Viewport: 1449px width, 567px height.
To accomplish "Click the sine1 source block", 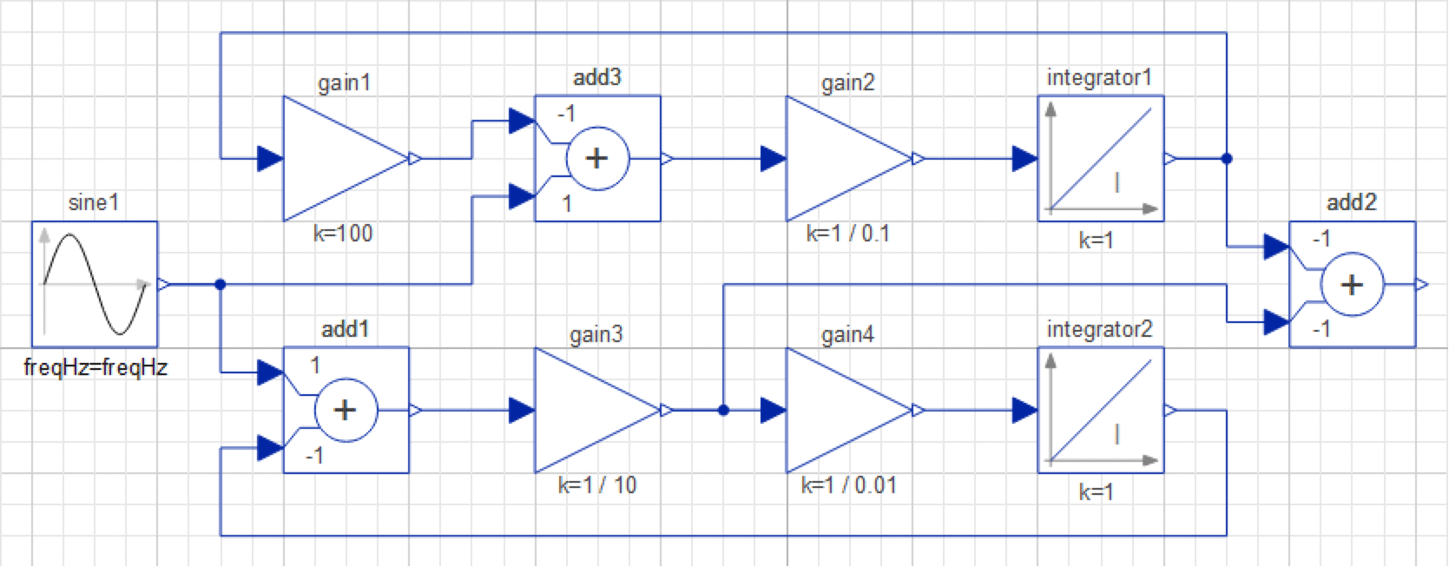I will click(x=95, y=284).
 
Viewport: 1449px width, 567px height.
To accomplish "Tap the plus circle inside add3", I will click(x=597, y=159).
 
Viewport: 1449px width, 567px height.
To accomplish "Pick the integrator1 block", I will click(x=1100, y=159).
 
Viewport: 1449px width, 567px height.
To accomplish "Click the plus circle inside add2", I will click(x=1352, y=285).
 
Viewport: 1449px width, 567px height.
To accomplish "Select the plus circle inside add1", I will click(x=346, y=410).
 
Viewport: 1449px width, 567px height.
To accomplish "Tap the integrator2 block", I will click(x=1100, y=410).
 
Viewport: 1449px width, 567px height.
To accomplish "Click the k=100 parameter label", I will click(x=343, y=234).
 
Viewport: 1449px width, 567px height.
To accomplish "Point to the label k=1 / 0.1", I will click(x=847, y=234).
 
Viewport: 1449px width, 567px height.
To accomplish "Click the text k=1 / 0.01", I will click(x=848, y=485).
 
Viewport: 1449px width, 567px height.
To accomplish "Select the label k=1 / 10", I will click(x=597, y=485).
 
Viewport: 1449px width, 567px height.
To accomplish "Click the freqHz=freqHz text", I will click(x=96, y=367).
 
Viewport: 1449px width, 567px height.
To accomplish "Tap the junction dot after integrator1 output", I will click(x=1226, y=159).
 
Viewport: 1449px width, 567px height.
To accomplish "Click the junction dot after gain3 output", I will click(x=723, y=410).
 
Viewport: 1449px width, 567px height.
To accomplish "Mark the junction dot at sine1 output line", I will click(x=220, y=284).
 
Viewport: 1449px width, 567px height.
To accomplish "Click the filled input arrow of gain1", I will click(x=270, y=159).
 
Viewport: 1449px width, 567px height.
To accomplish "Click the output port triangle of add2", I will click(x=1421, y=285).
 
